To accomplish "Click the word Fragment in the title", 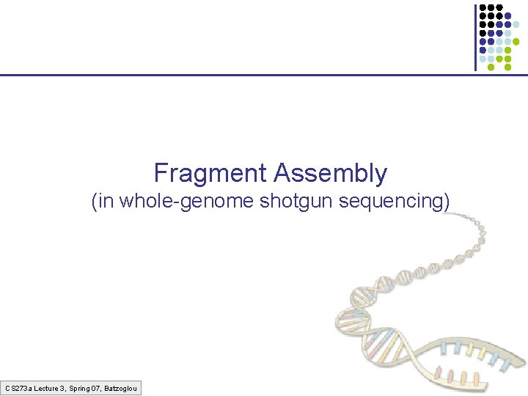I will coord(210,174).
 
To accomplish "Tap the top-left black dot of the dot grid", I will coord(483,7).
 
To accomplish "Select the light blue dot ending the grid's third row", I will coord(516,24).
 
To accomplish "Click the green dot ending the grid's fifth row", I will coord(516,42).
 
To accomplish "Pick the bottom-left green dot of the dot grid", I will coord(491,67).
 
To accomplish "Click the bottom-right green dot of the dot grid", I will coord(507,67).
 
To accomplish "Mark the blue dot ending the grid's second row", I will coord(508,15).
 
